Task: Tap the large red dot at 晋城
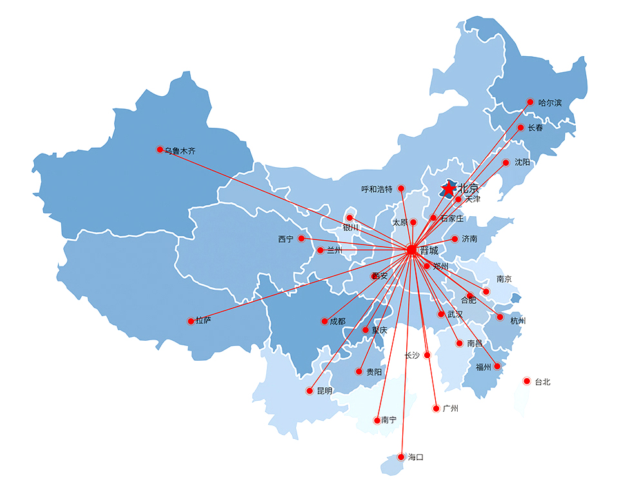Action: (x=411, y=250)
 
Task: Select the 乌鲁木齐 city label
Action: (x=180, y=150)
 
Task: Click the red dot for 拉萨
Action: (x=190, y=321)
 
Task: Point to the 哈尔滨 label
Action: (x=550, y=103)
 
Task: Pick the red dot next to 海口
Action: (x=401, y=457)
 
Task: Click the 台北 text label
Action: (x=542, y=382)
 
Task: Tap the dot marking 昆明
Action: (x=310, y=391)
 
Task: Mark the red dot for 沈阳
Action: (x=506, y=163)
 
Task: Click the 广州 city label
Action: (x=450, y=409)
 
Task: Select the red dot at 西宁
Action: (x=301, y=239)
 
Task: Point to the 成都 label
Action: (x=337, y=321)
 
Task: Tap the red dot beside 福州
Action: (x=496, y=367)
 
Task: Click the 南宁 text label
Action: (x=389, y=420)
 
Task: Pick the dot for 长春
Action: (x=520, y=128)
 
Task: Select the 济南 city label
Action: (x=469, y=239)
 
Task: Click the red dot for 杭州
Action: (x=500, y=317)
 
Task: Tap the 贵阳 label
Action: (x=374, y=372)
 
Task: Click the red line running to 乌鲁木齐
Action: (x=284, y=199)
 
